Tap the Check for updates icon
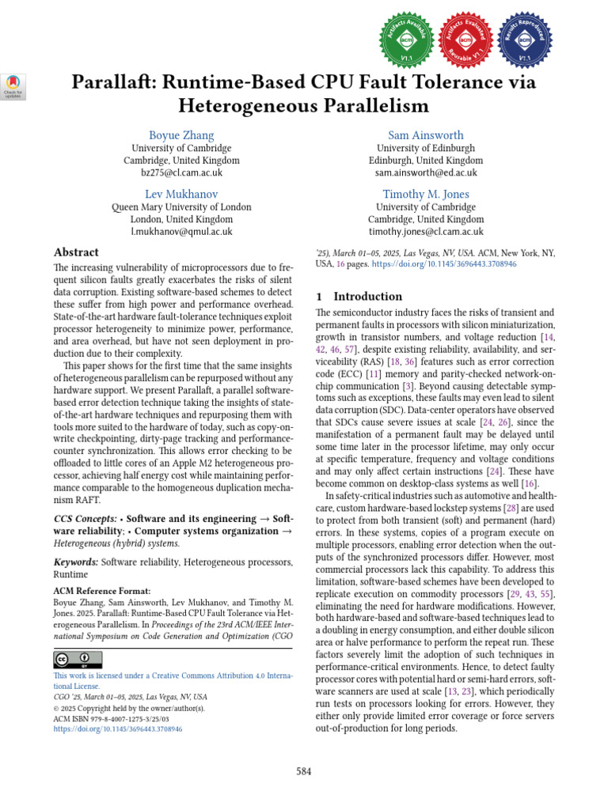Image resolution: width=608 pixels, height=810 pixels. coord(15,86)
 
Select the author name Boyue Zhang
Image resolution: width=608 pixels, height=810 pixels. coord(181,135)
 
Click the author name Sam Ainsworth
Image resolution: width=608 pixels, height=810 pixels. coord(426,135)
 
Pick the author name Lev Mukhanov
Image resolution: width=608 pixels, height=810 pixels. coord(181,195)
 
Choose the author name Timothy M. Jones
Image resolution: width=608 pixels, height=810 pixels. coord(426,195)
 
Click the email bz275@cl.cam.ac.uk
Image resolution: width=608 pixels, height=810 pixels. coord(181,172)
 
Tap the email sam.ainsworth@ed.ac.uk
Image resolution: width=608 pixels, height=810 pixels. coord(426,172)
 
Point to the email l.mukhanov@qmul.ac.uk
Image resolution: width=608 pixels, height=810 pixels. coord(181,232)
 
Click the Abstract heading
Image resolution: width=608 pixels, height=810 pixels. coord(76,252)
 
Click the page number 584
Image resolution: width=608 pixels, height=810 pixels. coord(304,771)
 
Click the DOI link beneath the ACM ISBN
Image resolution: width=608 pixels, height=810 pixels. coord(118,730)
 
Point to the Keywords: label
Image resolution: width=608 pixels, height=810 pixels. coord(76,562)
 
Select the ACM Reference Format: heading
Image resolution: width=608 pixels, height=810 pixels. coord(99,591)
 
